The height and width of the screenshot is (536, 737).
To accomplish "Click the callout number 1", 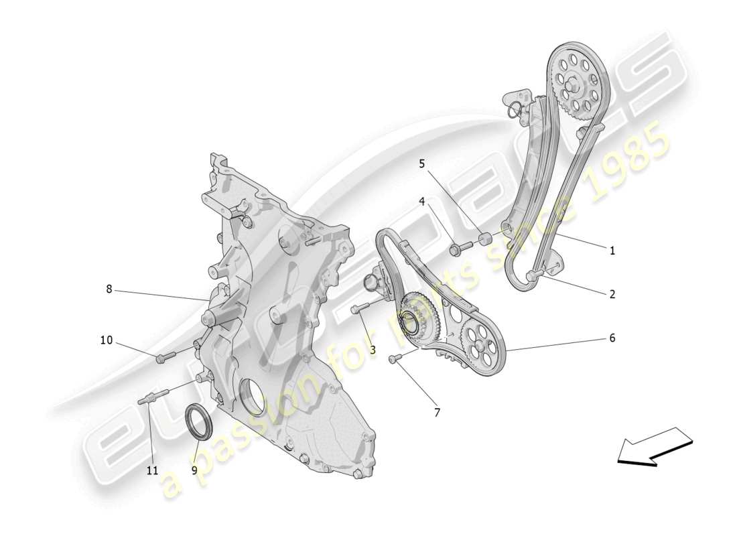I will coord(612,251).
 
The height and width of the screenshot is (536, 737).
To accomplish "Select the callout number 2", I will coord(612,293).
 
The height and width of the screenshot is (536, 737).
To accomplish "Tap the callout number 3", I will coord(372,349).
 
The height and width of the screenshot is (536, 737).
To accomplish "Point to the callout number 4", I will coord(422,201).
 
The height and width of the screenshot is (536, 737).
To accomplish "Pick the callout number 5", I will coord(422,163).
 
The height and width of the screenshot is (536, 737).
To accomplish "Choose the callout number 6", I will coord(612,338).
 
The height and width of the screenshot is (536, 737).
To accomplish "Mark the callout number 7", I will coord(437,413).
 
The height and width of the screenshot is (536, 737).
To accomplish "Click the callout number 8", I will coord(109,289).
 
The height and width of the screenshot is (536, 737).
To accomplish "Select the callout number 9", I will coord(194,470).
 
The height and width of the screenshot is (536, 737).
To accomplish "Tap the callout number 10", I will coord(107,340).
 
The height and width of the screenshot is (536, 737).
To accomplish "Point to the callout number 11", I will coord(152,470).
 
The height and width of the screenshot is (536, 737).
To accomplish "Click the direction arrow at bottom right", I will coord(654,447).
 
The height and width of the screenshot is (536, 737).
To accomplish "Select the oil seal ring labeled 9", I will coord(199,422).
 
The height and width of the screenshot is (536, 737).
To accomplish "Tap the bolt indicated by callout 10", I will coord(165,357).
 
